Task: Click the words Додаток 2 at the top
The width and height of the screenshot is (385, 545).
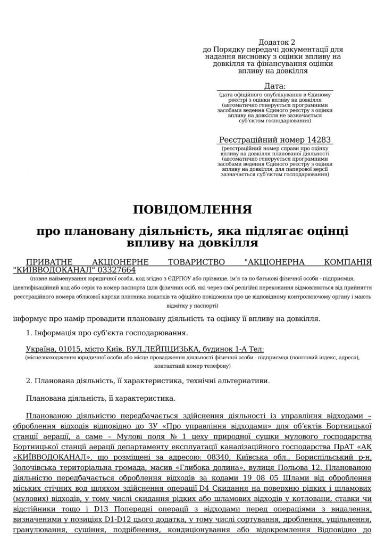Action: [276, 42]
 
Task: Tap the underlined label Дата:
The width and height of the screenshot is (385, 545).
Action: [274, 86]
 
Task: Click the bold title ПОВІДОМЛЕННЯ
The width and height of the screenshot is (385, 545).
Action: [192, 209]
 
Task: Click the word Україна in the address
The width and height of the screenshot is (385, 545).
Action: [40, 350]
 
